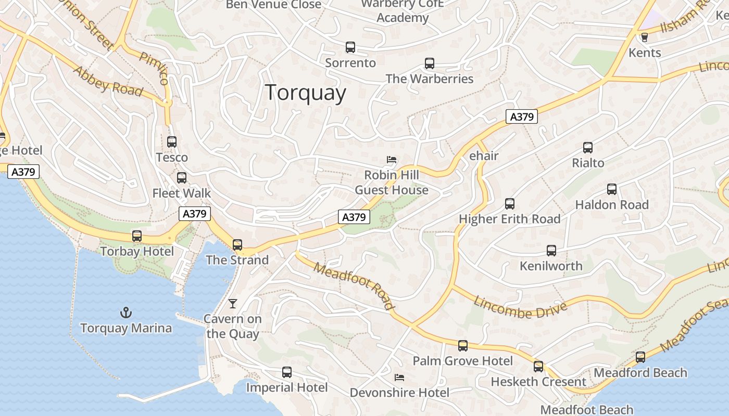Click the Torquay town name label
(x=306, y=93)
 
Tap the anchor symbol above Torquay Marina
(x=126, y=313)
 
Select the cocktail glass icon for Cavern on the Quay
(x=233, y=303)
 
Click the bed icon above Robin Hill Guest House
(x=392, y=159)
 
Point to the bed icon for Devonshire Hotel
(x=399, y=377)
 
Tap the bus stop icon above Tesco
(x=172, y=141)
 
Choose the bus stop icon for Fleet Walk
(x=182, y=178)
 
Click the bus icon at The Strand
(x=237, y=244)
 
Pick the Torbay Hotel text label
(x=137, y=252)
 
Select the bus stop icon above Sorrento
(x=350, y=47)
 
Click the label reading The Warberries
(x=429, y=79)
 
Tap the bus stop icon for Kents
(x=645, y=37)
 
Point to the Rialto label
(x=588, y=163)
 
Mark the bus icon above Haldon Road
(x=612, y=189)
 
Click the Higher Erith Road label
(x=509, y=219)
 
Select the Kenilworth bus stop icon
(x=551, y=251)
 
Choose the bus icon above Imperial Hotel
(x=287, y=372)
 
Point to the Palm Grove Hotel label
(x=462, y=361)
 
